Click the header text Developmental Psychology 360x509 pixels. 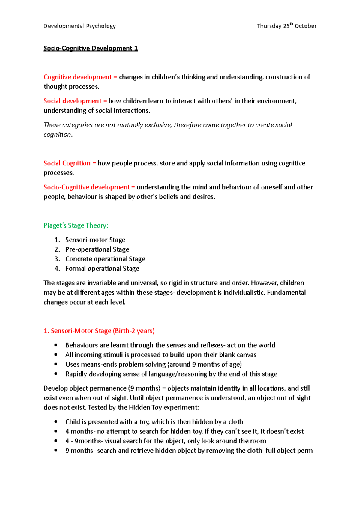[x=79, y=26]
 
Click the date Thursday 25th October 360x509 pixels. [x=286, y=26]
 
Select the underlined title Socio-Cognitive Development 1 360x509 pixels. [x=91, y=48]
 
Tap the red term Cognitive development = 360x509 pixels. [x=80, y=77]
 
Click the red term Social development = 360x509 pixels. [x=75, y=101]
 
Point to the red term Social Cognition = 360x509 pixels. [x=70, y=163]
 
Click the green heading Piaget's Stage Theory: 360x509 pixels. [x=76, y=225]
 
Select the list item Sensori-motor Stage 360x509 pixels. [x=95, y=240]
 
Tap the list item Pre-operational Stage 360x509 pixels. [x=97, y=249]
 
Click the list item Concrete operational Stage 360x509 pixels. [x=105, y=259]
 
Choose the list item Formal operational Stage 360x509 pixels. [x=102, y=269]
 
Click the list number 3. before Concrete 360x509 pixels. [x=57, y=259]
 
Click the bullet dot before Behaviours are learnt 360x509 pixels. [x=56, y=345]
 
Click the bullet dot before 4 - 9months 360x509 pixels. [x=56, y=441]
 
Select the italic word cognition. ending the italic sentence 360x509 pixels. [x=58, y=135]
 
